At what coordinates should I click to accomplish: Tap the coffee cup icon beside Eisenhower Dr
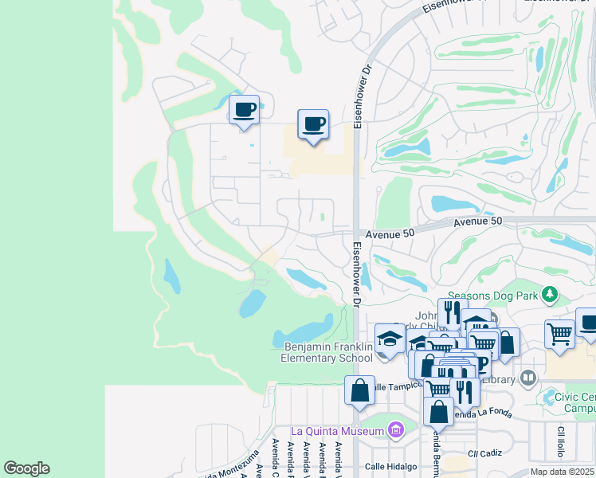pos(313,124)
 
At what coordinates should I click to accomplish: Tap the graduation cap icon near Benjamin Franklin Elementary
pos(390,339)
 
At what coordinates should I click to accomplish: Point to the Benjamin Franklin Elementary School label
pos(328,352)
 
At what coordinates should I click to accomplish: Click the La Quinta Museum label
pos(339,431)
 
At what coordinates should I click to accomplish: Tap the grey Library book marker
pos(527,378)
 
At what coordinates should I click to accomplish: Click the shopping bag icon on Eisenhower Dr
pos(359,390)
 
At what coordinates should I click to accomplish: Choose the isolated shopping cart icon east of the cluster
pos(560,334)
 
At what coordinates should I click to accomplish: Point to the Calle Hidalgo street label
pos(391,466)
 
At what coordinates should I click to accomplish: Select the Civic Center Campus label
pos(575,402)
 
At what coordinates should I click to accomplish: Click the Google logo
pos(26,468)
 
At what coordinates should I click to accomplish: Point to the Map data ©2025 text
pos(563,472)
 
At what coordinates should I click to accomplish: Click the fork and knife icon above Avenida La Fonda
pos(464,391)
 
